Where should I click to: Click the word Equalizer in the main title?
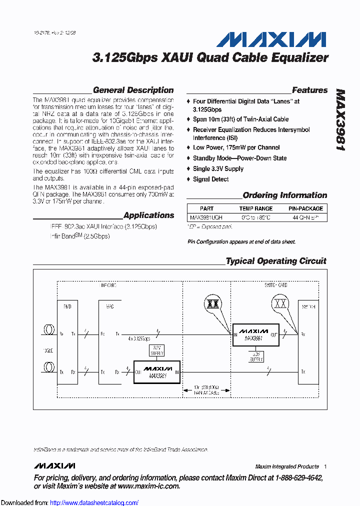click(299, 58)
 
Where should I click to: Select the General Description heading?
click(133, 90)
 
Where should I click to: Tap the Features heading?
click(309, 90)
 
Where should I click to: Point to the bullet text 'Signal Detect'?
click(210, 179)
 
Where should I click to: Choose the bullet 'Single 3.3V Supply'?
click(218, 168)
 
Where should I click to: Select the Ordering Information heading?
click(284, 195)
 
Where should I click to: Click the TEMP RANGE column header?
click(255, 208)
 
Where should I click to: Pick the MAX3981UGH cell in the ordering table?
click(206, 217)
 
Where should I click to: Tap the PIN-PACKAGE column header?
click(305, 208)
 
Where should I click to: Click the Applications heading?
click(148, 215)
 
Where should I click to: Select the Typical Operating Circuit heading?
click(275, 261)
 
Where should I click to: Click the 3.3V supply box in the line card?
click(157, 350)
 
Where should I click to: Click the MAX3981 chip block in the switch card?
click(254, 334)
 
